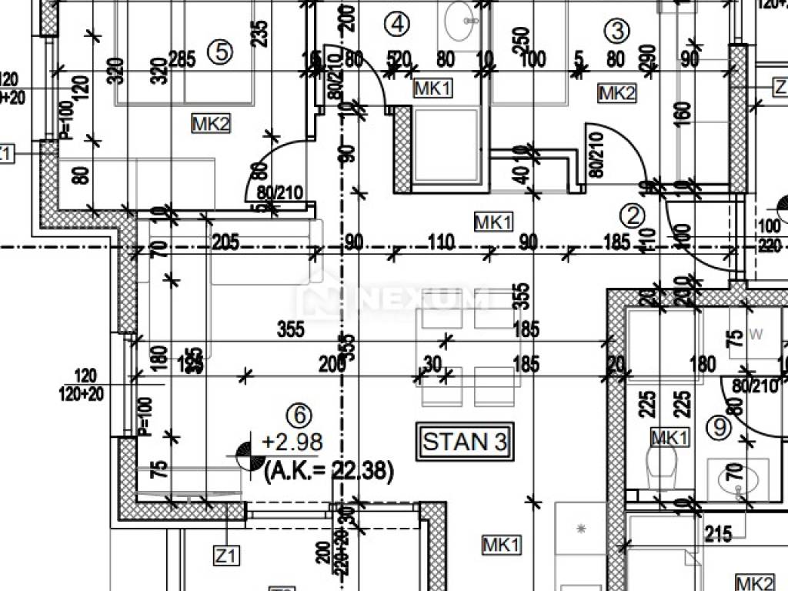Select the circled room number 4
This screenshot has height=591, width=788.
coord(397,25)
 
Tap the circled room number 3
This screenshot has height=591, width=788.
coord(617,31)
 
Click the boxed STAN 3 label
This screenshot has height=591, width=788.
coord(466,442)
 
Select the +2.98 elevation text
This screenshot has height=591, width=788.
coord(292,442)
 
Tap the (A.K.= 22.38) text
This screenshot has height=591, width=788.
coord(328,469)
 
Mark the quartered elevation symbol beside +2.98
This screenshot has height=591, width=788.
coord(245,454)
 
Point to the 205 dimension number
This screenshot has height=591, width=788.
coord(225,243)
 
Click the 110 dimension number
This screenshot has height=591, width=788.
coord(442,243)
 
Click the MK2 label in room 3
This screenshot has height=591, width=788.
coord(617,94)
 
